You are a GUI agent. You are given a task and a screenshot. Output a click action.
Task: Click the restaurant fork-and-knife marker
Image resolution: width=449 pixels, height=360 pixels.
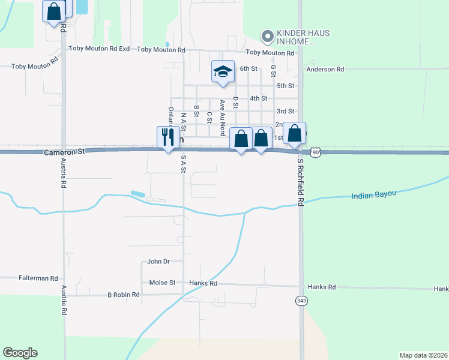(166, 137)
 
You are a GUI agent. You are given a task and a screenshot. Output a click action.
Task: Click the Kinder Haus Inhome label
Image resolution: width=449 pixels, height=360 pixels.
(295, 37)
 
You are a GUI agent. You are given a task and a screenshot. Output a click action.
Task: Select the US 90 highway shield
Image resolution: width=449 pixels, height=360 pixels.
(316, 153)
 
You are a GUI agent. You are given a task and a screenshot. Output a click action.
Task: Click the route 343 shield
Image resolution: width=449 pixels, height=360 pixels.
(301, 300)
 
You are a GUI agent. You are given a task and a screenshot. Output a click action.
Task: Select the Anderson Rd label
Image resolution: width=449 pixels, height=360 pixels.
(325, 70)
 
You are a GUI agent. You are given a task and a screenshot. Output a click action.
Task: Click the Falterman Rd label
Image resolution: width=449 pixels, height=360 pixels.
(38, 278)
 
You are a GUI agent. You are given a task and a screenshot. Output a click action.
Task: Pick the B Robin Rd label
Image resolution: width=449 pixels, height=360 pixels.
(123, 295)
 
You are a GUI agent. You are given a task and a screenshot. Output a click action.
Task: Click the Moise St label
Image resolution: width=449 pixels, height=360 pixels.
(162, 282)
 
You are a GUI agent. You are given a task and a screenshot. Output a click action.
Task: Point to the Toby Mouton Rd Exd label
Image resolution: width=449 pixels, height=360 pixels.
(100, 49)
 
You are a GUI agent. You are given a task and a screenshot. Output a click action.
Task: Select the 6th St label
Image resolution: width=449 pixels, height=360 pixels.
(249, 68)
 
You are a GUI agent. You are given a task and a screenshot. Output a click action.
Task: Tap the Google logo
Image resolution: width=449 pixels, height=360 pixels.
(20, 353)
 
